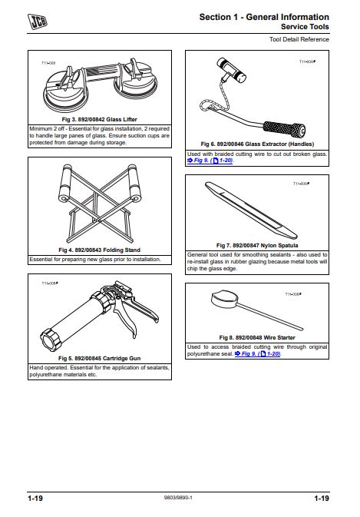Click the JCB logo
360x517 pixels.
coord(38,22)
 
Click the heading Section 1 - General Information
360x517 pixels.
coord(264,17)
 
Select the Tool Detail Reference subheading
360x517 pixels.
coord(299,39)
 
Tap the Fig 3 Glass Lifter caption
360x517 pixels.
coord(100,119)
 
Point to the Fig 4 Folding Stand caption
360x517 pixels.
coord(100,250)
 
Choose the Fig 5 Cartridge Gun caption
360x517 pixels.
coord(100,358)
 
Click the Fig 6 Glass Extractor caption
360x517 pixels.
coord(257,144)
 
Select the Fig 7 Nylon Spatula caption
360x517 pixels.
coord(257,245)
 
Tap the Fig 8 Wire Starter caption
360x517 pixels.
coord(257,337)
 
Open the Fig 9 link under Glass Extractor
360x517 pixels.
coord(210,161)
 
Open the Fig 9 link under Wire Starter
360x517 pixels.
coord(258,354)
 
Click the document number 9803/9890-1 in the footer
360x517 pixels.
coord(178,498)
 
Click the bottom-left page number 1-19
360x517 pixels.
coord(35,498)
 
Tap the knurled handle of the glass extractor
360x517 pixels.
coord(284,129)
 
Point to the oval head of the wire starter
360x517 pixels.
coord(224,298)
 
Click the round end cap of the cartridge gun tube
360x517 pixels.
coord(51,340)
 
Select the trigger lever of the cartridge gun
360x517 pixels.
coord(127,319)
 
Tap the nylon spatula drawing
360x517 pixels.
coord(251,210)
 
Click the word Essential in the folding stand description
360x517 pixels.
coord(41,260)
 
